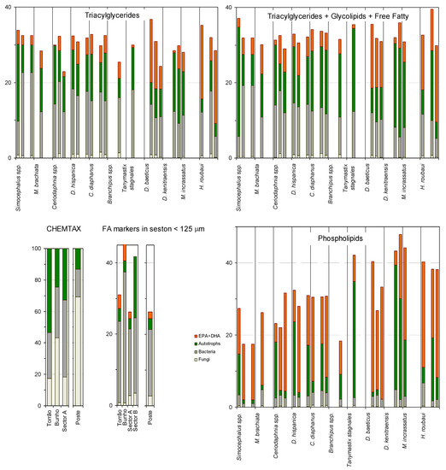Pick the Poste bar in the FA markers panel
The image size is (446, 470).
tap(150, 359)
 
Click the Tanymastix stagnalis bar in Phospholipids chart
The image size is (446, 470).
tap(354, 333)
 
